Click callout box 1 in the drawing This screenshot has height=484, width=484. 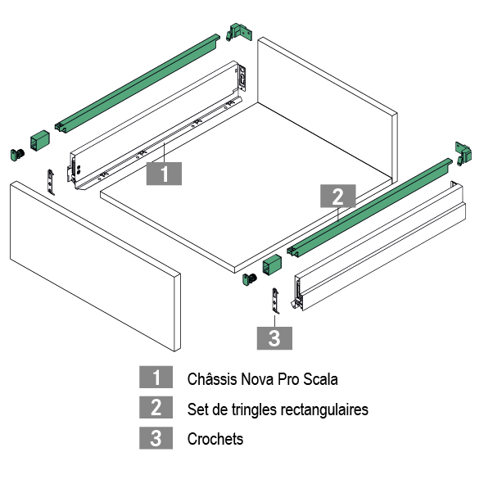click(x=164, y=174)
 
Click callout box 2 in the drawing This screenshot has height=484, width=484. click(x=338, y=196)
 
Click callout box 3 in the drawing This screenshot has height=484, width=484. click(x=274, y=338)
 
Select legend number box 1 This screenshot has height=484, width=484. click(x=156, y=377)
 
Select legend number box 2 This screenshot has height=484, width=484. click(x=156, y=407)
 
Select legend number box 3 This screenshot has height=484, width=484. click(x=156, y=437)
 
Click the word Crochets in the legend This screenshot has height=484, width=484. click(x=215, y=439)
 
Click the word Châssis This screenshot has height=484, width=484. click(x=212, y=378)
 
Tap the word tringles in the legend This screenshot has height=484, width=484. click(x=254, y=409)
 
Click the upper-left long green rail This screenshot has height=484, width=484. click(x=138, y=84)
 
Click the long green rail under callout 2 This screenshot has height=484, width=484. click(x=369, y=208)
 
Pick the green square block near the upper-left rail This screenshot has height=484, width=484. click(x=40, y=140)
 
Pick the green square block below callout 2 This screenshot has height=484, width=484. click(x=272, y=265)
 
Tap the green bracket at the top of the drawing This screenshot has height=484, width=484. click(x=239, y=32)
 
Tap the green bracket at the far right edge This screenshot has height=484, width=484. click(x=464, y=154)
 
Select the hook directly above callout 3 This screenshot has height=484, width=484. click(x=275, y=301)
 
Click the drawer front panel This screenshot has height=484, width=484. click(x=95, y=266)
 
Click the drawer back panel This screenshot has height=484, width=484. click(x=328, y=109)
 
